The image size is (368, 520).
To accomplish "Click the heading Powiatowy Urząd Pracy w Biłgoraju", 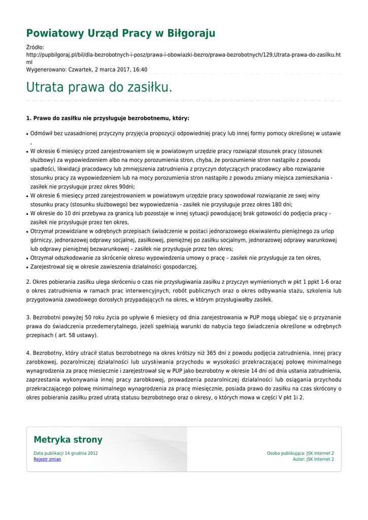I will point(121,34).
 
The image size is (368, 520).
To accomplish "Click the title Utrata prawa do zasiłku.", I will point(99,87).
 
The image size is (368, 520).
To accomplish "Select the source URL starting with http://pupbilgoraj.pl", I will point(183,54).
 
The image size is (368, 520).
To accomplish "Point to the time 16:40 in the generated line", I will point(140,70).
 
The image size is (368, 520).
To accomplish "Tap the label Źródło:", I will point(35,47).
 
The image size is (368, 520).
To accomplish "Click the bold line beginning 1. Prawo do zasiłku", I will point(108,118).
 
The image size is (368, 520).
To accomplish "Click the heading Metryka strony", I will point(68,440).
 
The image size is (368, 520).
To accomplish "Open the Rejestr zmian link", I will point(47,459).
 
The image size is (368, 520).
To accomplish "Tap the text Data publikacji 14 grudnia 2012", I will point(66,453).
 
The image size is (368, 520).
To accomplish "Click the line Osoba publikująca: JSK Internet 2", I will point(300,453).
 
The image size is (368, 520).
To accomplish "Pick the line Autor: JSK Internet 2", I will point(313,459).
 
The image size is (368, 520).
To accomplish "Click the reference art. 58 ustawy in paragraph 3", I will point(76,335).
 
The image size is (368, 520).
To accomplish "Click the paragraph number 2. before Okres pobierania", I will point(28,282).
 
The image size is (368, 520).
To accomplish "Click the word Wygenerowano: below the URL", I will point(46,70).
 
